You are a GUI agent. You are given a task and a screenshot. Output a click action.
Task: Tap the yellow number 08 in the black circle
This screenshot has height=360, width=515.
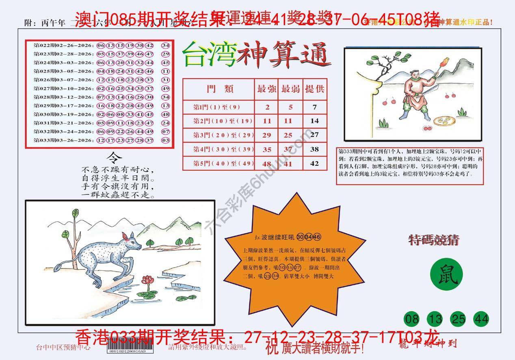pyautogui.click(x=412, y=319)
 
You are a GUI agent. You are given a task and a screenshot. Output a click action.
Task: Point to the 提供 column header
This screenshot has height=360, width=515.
pyautogui.click(x=314, y=89)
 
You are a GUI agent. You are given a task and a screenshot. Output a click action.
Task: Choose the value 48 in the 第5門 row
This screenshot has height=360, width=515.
pyautogui.click(x=266, y=164)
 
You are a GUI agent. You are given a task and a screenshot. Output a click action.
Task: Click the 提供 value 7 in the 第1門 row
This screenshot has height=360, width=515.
pyautogui.click(x=314, y=107)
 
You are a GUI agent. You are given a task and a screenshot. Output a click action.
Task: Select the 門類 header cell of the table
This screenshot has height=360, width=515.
pyautogui.click(x=219, y=89)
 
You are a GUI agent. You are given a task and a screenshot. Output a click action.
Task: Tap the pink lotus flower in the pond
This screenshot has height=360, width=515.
pyautogui.click(x=145, y=280)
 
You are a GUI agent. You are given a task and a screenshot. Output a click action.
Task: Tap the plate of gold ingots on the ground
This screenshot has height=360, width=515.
pyautogui.click(x=443, y=120)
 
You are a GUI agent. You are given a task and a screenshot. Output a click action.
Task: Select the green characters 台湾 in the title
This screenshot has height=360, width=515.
pyautogui.click(x=209, y=55)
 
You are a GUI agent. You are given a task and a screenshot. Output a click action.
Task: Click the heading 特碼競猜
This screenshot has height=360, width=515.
pyautogui.click(x=433, y=241)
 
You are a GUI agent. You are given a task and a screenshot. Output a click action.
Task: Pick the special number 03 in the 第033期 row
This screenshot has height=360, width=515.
pyautogui.click(x=165, y=140)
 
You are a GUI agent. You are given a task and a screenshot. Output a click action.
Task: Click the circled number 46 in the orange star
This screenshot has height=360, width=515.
pyautogui.click(x=317, y=237)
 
